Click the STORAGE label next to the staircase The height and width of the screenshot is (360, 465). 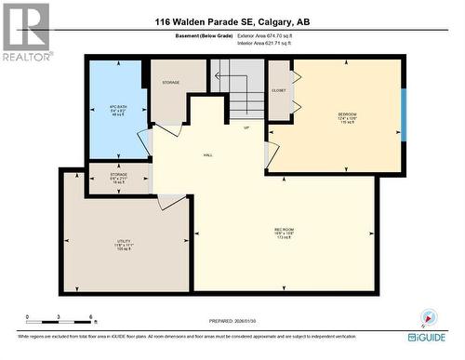click(171, 83)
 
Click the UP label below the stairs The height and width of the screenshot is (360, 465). click(246, 127)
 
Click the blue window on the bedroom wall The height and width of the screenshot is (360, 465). click(404, 114)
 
